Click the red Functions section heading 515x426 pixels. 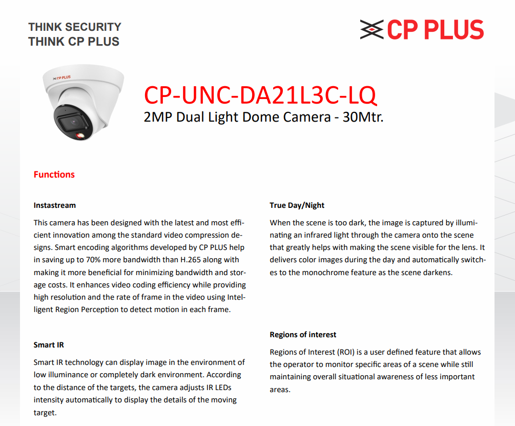coord(54,175)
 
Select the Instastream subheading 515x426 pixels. coord(55,205)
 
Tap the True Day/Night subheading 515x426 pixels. coord(297,205)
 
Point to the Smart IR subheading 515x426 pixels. coord(49,345)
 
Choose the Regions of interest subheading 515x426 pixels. coord(303,335)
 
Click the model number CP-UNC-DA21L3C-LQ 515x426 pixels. coord(260,95)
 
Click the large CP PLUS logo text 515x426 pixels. coord(435,30)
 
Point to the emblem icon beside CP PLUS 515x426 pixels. coord(372,30)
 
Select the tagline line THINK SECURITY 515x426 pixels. coord(75,27)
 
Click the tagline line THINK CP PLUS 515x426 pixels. coord(74,42)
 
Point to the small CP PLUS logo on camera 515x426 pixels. coord(62,78)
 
